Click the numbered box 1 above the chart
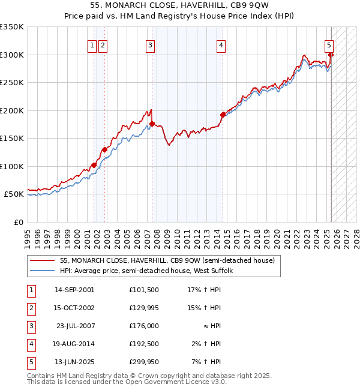[92, 44]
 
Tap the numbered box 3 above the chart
[149, 44]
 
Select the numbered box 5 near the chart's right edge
[329, 44]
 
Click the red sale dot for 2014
[223, 114]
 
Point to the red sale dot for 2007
[152, 124]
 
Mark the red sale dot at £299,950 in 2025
[331, 55]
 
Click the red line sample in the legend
[43, 261]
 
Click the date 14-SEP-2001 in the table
[74, 290]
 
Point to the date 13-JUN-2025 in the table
[74, 362]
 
